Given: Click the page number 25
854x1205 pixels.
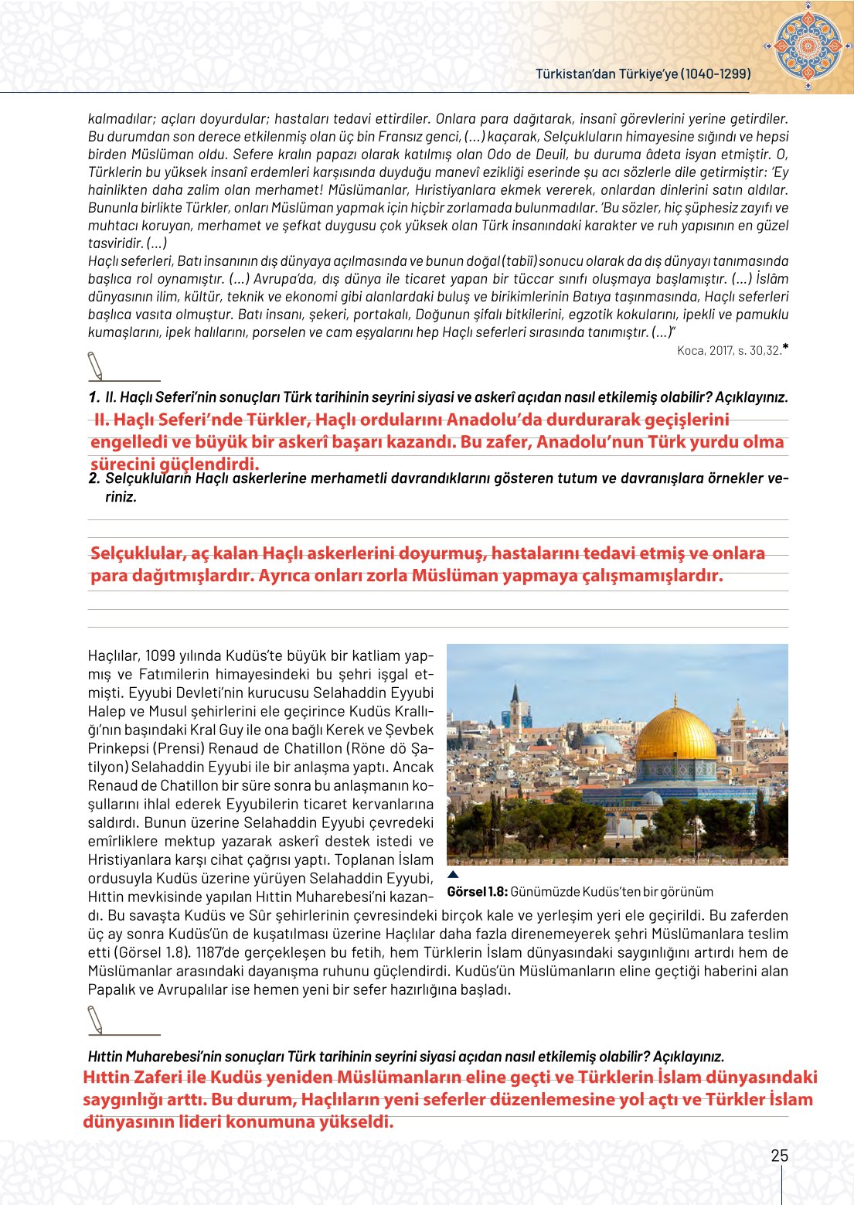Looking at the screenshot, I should [x=779, y=1156].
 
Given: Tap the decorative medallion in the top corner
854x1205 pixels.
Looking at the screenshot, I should [x=808, y=46].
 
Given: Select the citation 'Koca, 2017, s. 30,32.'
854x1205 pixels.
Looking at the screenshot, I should [x=728, y=351].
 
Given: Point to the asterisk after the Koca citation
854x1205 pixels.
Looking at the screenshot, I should [x=785, y=348].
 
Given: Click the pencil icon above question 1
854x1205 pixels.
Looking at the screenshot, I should [x=96, y=366].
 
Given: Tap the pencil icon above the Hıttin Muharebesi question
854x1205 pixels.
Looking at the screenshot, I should [x=96, y=1019].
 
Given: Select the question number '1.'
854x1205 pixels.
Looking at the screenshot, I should [x=94, y=397].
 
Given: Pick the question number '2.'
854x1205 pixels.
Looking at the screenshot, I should [x=94, y=478].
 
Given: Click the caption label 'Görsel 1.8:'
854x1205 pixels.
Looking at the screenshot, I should [x=477, y=891].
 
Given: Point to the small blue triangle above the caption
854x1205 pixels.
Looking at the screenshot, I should [x=454, y=875].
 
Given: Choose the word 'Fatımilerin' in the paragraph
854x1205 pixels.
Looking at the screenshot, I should [x=178, y=674].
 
